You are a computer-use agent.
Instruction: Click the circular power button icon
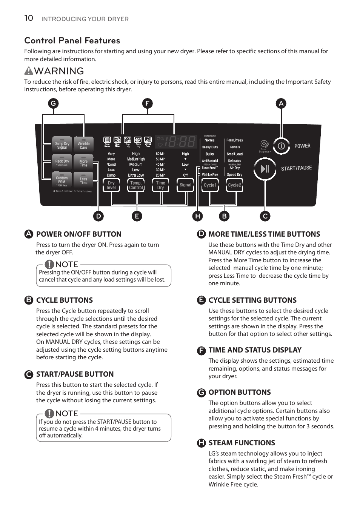pos(281,146)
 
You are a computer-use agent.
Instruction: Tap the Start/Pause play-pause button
pos(265,169)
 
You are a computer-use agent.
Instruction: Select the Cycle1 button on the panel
pos(210,185)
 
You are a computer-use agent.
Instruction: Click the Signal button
pos(185,185)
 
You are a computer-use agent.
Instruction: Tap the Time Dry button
pos(161,185)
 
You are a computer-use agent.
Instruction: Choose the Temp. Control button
pos(136,185)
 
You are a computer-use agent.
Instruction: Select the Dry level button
pos(111,185)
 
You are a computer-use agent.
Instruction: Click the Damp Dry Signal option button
pos(62,145)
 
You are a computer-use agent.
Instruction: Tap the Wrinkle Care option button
pos(83,145)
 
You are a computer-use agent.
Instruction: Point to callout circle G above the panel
pos(53,103)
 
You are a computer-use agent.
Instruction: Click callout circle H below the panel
pos(197,216)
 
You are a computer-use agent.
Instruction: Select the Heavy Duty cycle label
pos(210,147)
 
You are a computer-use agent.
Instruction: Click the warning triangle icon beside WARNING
pos(29,71)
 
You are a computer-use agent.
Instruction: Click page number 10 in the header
pos(29,18)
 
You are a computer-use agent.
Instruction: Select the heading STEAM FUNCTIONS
pos(242,443)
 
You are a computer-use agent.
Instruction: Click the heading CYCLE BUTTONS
pos(65,300)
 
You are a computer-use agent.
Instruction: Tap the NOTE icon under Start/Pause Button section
pos(49,413)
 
